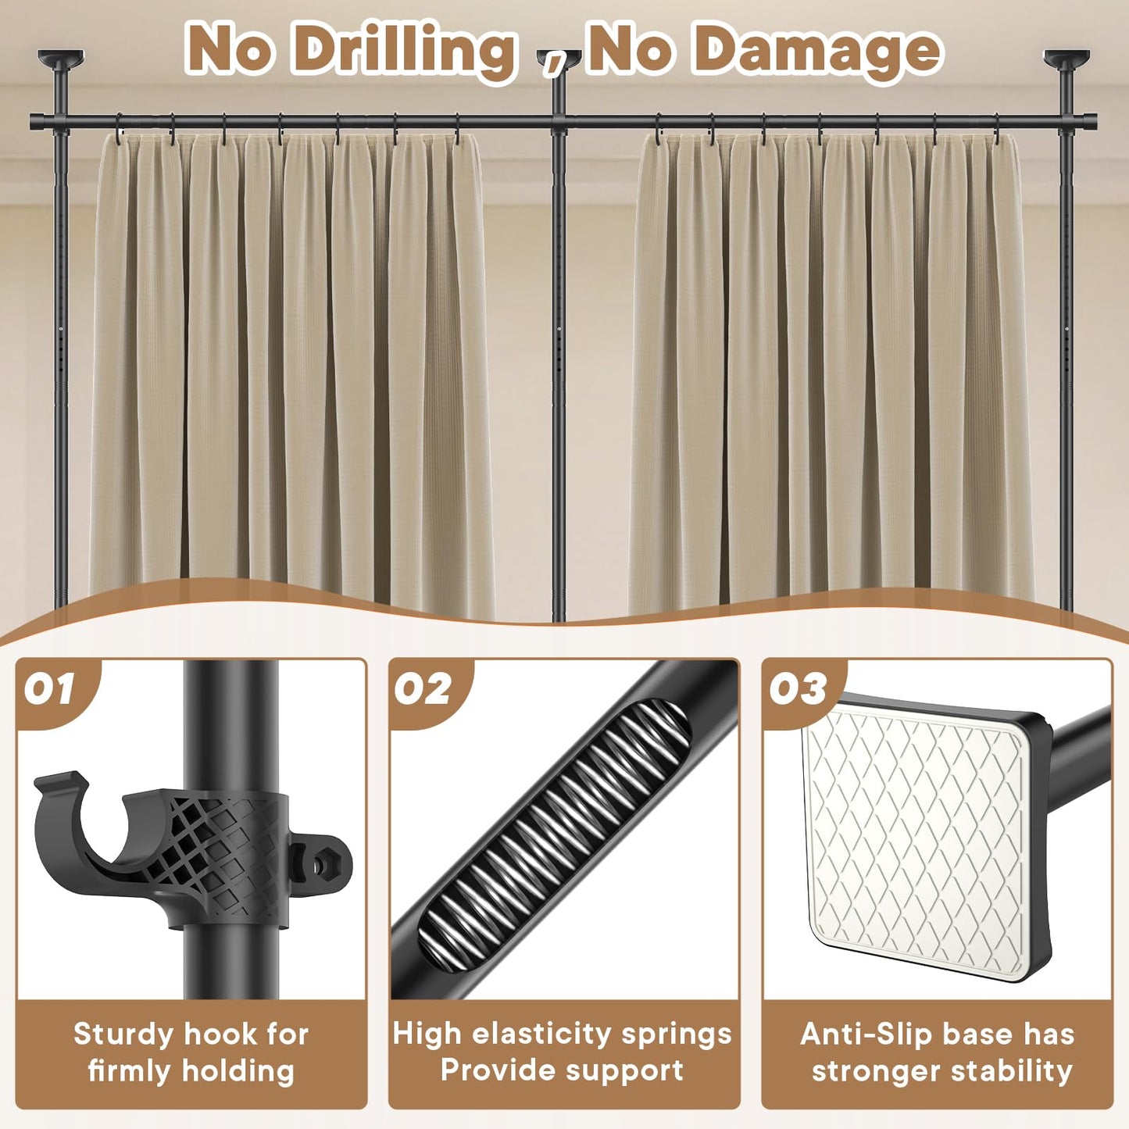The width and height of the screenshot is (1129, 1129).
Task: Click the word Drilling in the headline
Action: tap(406, 50)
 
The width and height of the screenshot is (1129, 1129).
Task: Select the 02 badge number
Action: tap(423, 689)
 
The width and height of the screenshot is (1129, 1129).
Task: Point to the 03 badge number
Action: tap(797, 689)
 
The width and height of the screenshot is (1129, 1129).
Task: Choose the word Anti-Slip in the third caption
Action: tap(856, 1034)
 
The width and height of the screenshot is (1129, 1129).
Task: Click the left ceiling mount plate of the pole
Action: tap(60, 58)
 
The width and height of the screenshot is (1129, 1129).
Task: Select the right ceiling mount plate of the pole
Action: tap(1066, 58)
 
